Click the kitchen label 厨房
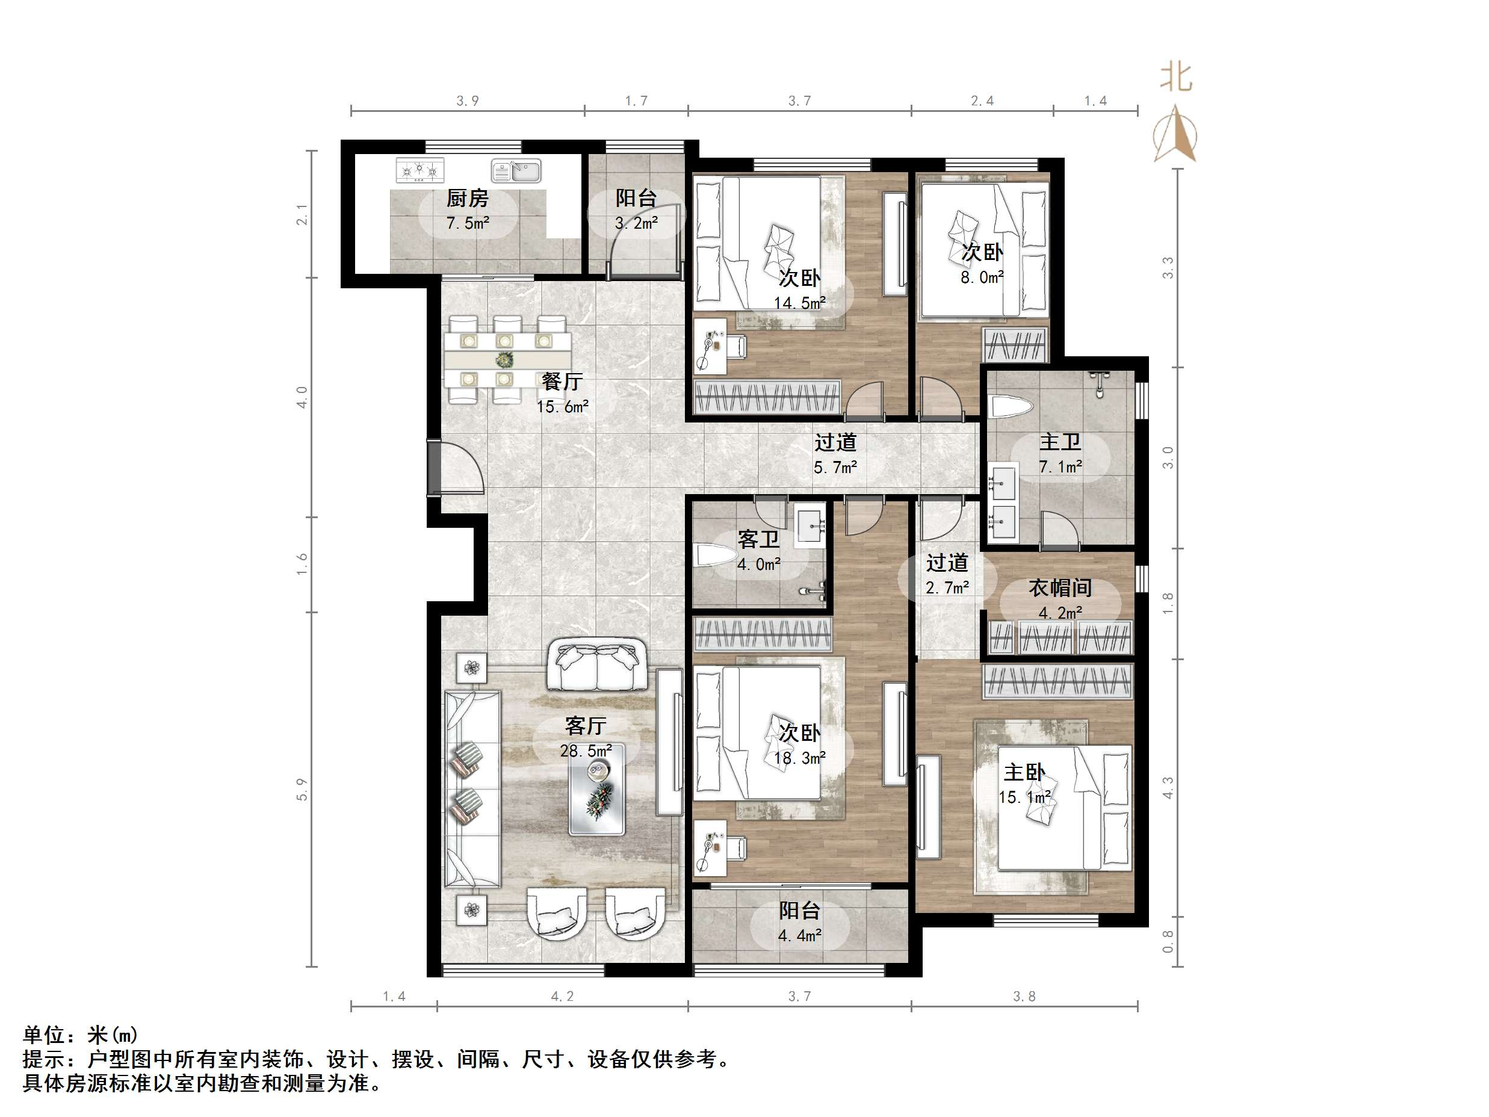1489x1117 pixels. tap(467, 199)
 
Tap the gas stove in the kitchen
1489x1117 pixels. tap(420, 170)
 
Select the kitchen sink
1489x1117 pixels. tap(516, 170)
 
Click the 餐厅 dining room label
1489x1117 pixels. tap(562, 382)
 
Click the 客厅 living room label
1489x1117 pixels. tap(586, 726)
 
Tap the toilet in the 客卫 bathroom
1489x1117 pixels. tap(716, 557)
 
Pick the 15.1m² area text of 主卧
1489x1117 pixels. tap(1024, 798)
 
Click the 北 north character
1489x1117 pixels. tap(1175, 78)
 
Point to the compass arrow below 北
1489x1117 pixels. tap(1175, 135)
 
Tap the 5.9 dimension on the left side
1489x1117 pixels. tap(302, 789)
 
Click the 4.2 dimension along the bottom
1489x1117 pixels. tap(562, 997)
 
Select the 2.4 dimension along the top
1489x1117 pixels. tap(982, 101)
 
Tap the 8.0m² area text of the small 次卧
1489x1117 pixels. tap(982, 277)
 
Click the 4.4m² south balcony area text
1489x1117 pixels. tap(800, 936)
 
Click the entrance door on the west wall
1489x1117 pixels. tap(434, 468)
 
